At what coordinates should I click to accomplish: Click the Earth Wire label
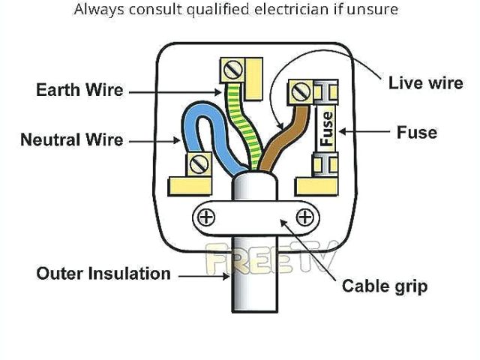click(79, 91)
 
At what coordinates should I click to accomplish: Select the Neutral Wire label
click(72, 139)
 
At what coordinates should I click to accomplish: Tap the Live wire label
click(425, 82)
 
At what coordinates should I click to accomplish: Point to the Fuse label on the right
click(416, 133)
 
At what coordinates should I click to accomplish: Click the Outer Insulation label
click(103, 273)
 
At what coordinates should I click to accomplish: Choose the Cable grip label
click(385, 286)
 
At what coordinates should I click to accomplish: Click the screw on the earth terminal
click(232, 70)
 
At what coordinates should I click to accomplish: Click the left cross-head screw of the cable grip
click(204, 217)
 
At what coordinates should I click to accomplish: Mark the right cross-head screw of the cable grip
click(304, 217)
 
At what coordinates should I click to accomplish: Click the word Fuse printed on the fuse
click(327, 128)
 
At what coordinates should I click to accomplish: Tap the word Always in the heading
click(97, 10)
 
